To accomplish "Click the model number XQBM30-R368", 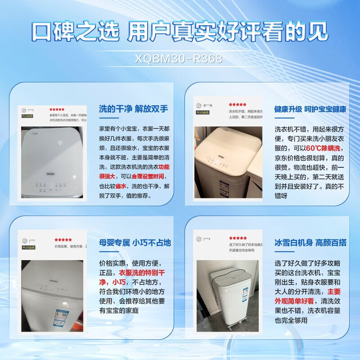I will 180,59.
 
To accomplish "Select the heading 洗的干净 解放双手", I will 134,109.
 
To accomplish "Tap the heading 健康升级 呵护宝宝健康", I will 310,109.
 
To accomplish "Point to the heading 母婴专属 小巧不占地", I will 135,243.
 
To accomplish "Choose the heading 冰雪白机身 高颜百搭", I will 310,243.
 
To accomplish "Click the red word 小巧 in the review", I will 119,282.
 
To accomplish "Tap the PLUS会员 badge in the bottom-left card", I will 28,247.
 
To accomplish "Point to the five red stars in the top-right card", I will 237,104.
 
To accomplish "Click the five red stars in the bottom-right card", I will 238,238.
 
